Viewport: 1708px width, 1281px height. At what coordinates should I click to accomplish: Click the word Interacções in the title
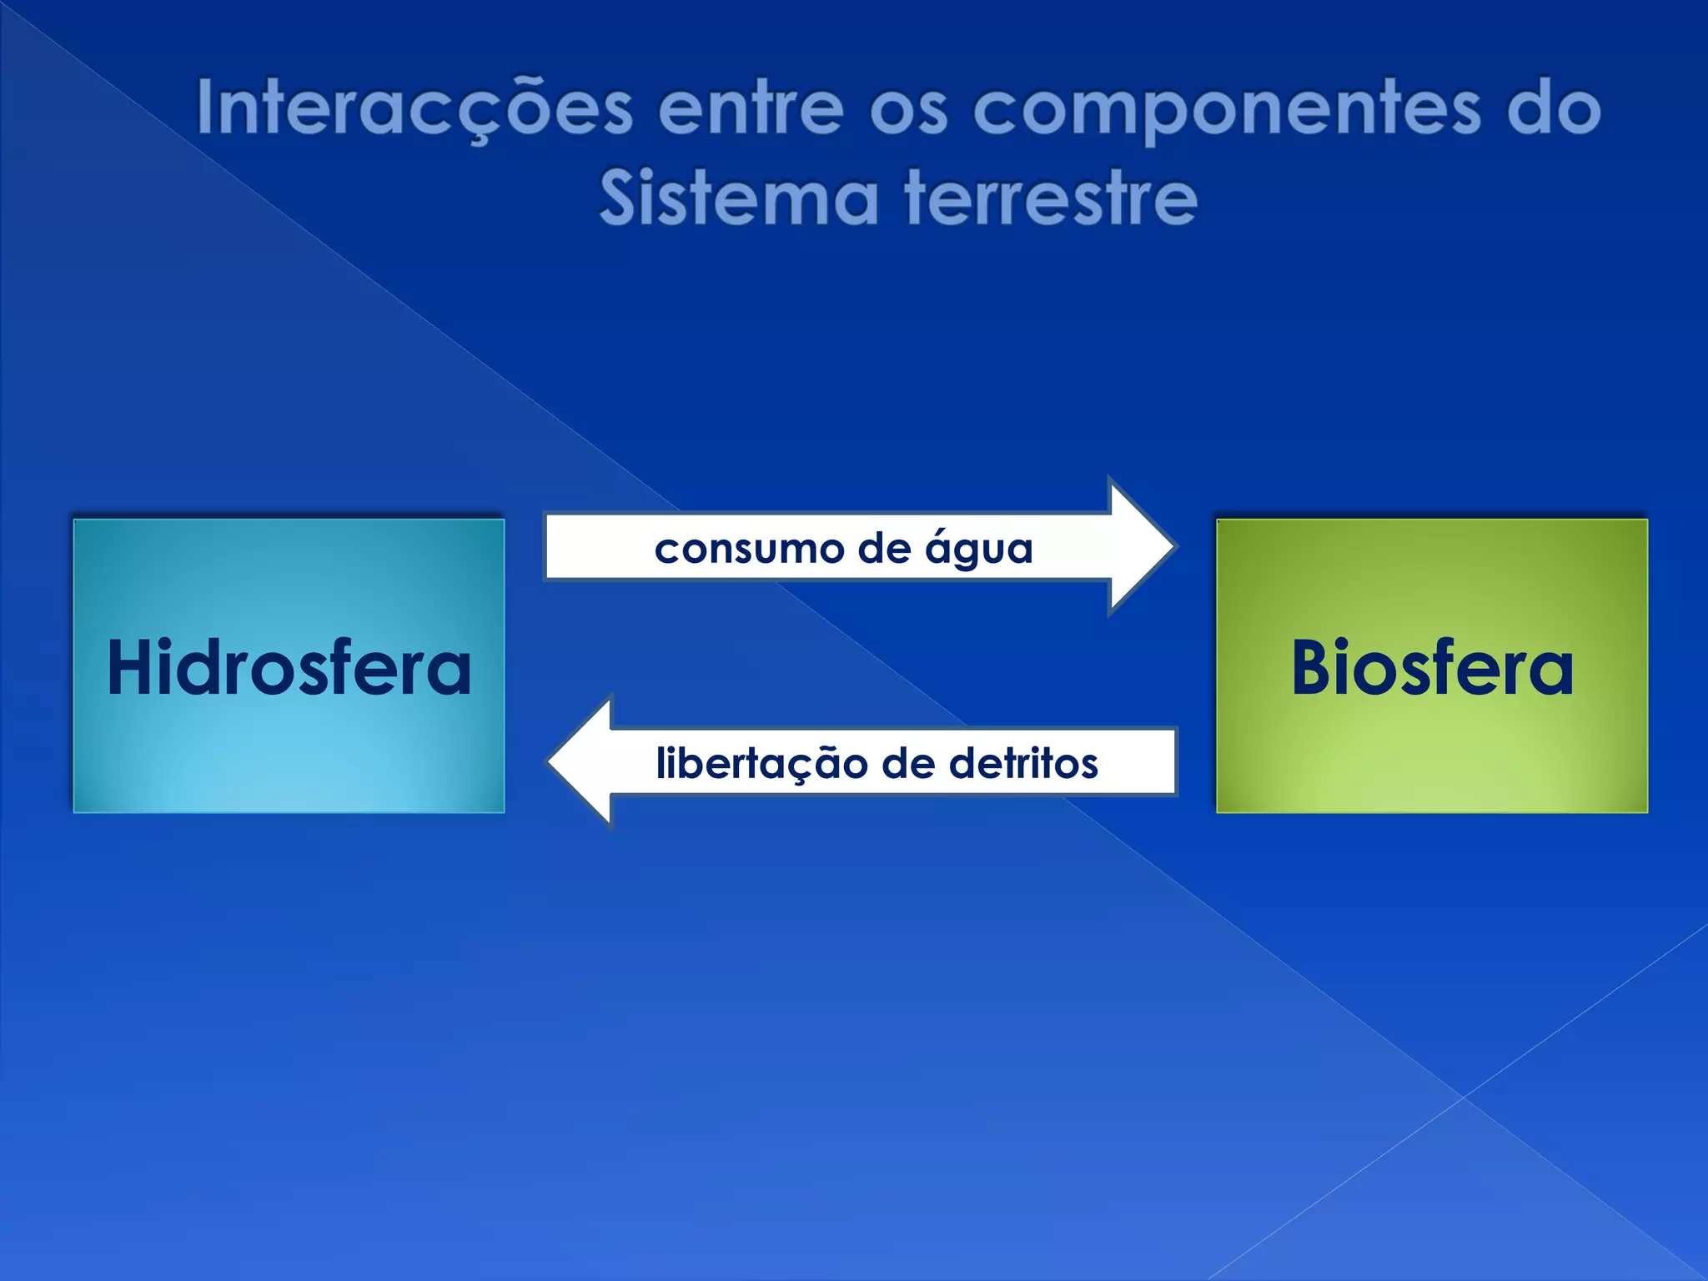(414, 109)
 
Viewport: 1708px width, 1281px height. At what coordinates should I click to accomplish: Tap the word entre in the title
(751, 109)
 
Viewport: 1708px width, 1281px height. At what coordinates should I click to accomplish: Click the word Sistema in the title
(739, 198)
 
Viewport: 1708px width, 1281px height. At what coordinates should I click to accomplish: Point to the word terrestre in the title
(1052, 198)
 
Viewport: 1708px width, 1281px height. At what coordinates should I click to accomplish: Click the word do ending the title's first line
(1554, 109)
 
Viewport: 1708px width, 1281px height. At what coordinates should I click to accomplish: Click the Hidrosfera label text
(289, 667)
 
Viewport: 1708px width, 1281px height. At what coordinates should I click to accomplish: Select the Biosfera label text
(1432, 667)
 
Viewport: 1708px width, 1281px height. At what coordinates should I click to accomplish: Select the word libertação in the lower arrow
(761, 764)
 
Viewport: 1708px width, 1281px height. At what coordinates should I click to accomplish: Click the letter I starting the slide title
(203, 108)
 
